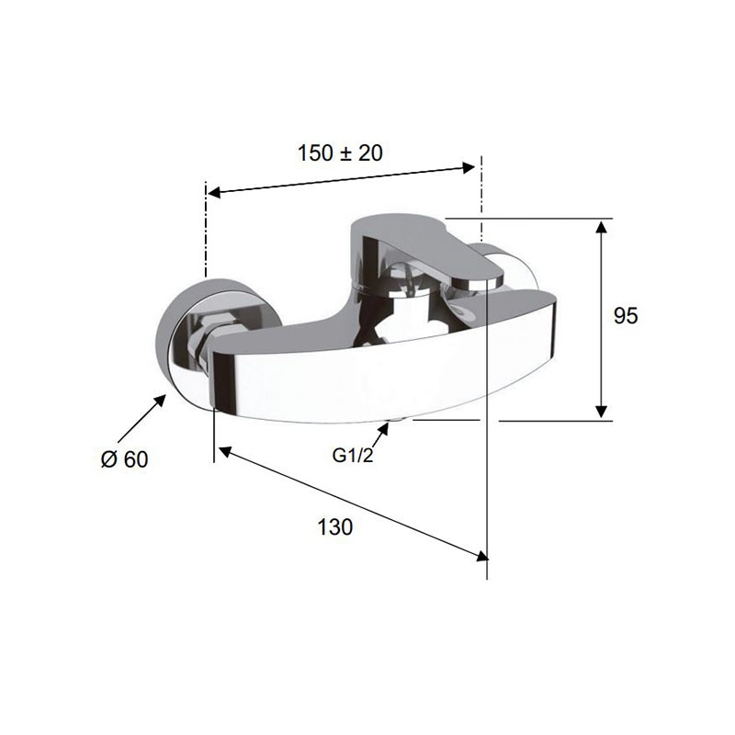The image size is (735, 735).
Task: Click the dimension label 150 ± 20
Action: [x=340, y=153]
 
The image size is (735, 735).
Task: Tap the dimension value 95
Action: [x=626, y=316]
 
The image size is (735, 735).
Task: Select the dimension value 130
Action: [x=335, y=526]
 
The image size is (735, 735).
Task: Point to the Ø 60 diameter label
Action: [x=125, y=458]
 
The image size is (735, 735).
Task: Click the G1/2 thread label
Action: [x=353, y=455]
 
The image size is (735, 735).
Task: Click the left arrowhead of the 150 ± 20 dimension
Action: [x=214, y=192]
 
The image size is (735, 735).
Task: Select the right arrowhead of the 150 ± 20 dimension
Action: [x=469, y=167]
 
